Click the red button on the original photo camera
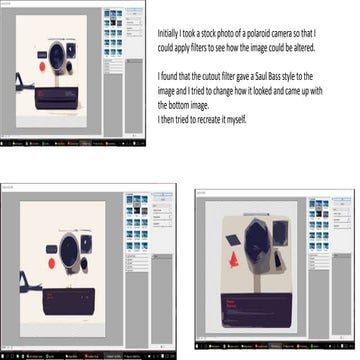point(41,65)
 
